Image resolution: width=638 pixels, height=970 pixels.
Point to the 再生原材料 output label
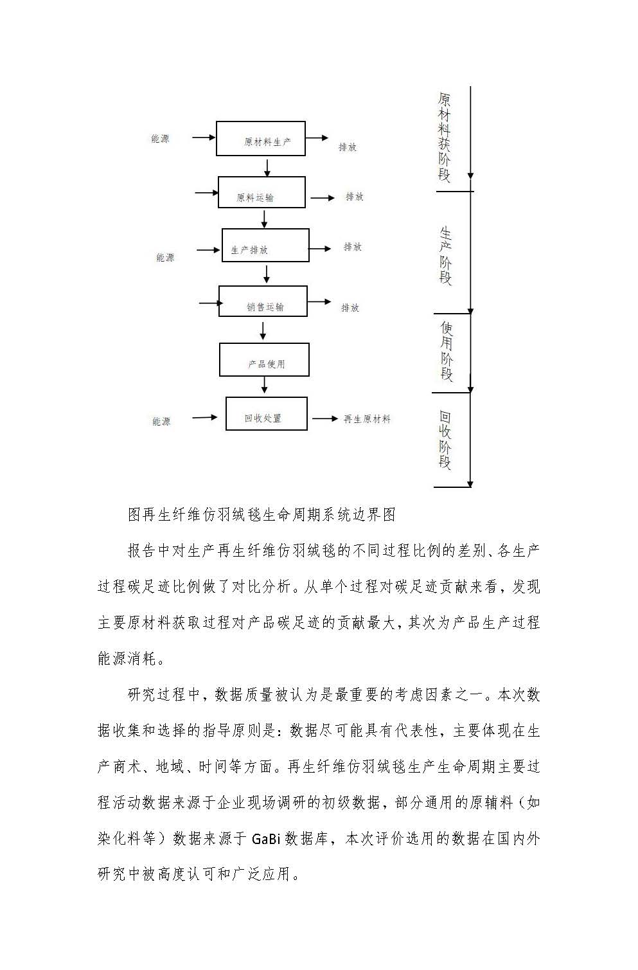coord(367,419)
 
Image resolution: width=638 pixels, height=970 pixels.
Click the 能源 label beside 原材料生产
coord(160,139)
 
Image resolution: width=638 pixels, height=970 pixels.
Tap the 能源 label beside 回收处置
coord(161,421)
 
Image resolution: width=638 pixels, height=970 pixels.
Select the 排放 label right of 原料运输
coord(354,197)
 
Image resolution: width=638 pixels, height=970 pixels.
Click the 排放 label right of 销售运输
coord(350,307)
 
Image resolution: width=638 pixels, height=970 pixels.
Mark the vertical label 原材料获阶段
coord(444,138)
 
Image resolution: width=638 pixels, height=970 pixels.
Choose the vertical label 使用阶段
coord(447,351)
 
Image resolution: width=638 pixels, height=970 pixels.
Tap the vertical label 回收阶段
coord(445,440)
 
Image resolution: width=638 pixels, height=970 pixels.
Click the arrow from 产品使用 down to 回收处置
coord(265,384)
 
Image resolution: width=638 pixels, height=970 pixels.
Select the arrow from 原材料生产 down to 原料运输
coord(267,168)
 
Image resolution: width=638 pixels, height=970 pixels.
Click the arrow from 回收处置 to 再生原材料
coord(324,418)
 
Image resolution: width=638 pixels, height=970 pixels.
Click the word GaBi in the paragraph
coord(266,839)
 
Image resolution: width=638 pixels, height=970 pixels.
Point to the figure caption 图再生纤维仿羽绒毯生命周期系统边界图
coord(261,514)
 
